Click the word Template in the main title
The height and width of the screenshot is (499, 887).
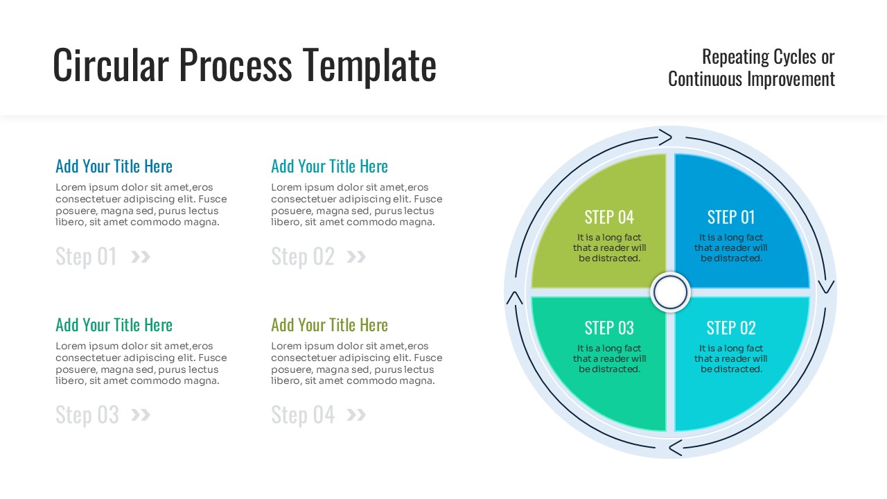point(369,65)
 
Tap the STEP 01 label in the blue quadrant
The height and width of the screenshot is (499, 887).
point(731,217)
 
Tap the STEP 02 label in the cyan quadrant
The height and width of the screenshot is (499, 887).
point(731,328)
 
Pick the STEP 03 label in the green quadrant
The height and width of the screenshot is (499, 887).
point(609,328)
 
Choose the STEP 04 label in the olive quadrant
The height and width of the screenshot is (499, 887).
point(609,217)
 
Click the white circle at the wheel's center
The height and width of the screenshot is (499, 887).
point(670,292)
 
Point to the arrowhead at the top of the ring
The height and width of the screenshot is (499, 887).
point(665,137)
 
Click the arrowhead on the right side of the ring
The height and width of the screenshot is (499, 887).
point(826,286)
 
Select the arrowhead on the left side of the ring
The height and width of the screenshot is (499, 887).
point(515,297)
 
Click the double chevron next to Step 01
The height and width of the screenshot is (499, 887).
point(141,257)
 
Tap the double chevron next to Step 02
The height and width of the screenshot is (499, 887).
point(356,257)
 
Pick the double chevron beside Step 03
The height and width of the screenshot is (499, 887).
point(141,415)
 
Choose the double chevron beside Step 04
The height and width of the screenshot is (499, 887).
point(356,415)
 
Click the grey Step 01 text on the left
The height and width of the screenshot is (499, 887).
point(87,257)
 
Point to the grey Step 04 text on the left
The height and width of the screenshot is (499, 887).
point(303,415)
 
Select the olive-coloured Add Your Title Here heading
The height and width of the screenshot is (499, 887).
point(329,325)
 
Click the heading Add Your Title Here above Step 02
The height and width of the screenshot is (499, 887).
point(329,166)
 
